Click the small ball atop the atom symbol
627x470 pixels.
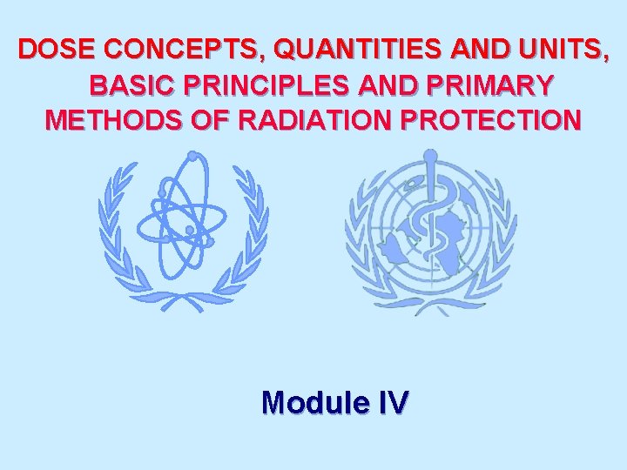pyautogui.click(x=192, y=156)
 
